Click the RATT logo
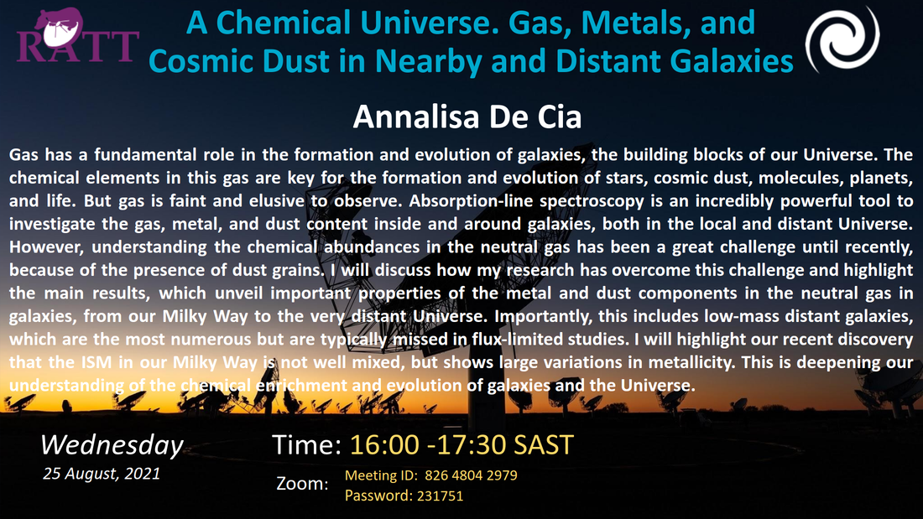[78, 36]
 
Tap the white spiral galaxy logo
[842, 39]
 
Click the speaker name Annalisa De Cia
[467, 117]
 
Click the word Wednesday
[112, 444]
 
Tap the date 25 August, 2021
[102, 474]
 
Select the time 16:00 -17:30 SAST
[461, 445]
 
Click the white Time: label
[306, 445]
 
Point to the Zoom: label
[303, 484]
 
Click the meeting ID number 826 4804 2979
[471, 475]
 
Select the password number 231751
[440, 496]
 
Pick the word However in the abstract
[46, 247]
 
